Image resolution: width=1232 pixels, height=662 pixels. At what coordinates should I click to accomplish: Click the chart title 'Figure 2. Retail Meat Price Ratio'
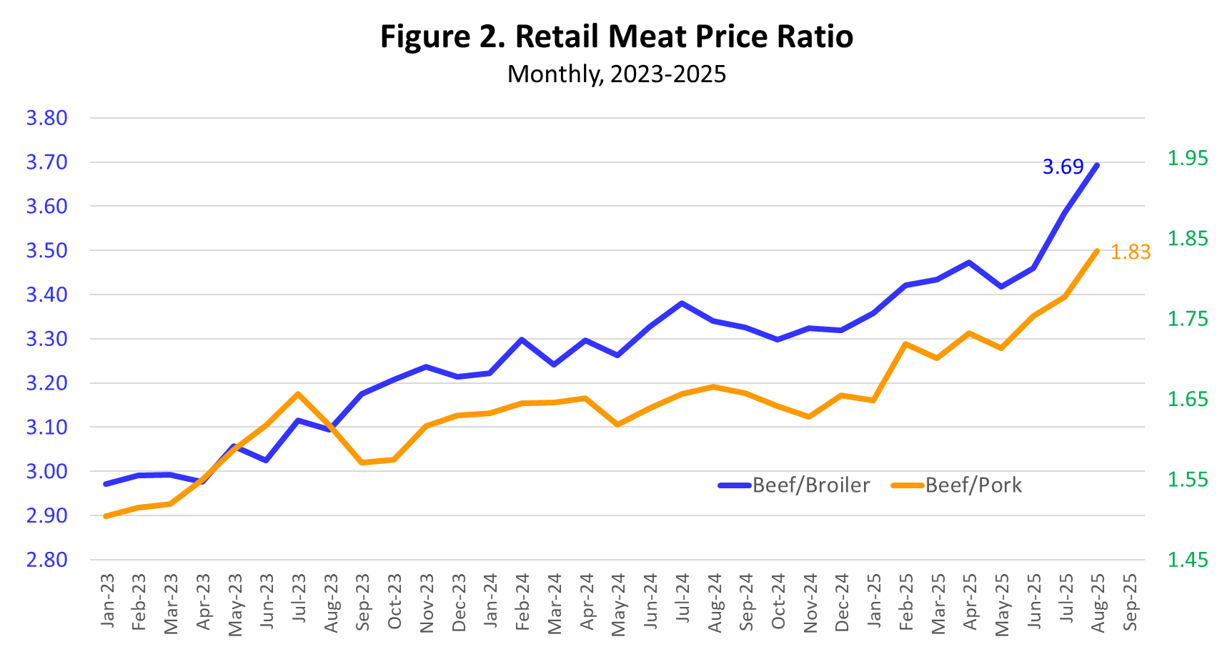tap(616, 37)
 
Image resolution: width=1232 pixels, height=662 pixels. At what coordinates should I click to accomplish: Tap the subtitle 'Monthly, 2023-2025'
tap(616, 74)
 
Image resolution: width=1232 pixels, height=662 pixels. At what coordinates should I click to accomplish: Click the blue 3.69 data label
tap(1063, 167)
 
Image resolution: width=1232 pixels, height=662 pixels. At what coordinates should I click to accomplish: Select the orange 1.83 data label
tap(1130, 252)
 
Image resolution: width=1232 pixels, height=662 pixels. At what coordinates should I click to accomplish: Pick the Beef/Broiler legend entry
tap(795, 485)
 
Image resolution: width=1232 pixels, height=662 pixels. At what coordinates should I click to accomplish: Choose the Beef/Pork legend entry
tap(958, 485)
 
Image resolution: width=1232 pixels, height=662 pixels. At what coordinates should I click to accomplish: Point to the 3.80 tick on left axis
tap(46, 118)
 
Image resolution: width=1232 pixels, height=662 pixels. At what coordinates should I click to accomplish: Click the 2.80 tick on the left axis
tap(46, 560)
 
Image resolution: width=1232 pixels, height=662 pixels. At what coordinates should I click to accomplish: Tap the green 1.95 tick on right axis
tap(1187, 158)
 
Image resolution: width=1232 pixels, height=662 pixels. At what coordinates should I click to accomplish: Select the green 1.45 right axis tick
tap(1187, 560)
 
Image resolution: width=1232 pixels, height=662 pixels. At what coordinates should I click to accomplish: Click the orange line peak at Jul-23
tap(298, 394)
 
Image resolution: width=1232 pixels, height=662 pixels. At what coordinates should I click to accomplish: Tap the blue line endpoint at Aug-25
tap(1097, 165)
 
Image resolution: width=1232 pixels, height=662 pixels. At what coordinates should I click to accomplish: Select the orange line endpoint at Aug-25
tap(1097, 251)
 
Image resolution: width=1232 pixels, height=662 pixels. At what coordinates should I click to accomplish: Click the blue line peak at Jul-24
tap(682, 303)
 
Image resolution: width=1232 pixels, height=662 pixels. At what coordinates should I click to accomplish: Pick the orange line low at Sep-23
tap(362, 463)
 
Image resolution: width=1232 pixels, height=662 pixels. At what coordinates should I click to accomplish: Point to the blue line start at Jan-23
tap(106, 484)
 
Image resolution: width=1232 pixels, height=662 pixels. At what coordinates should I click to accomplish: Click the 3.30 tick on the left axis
tap(46, 339)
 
